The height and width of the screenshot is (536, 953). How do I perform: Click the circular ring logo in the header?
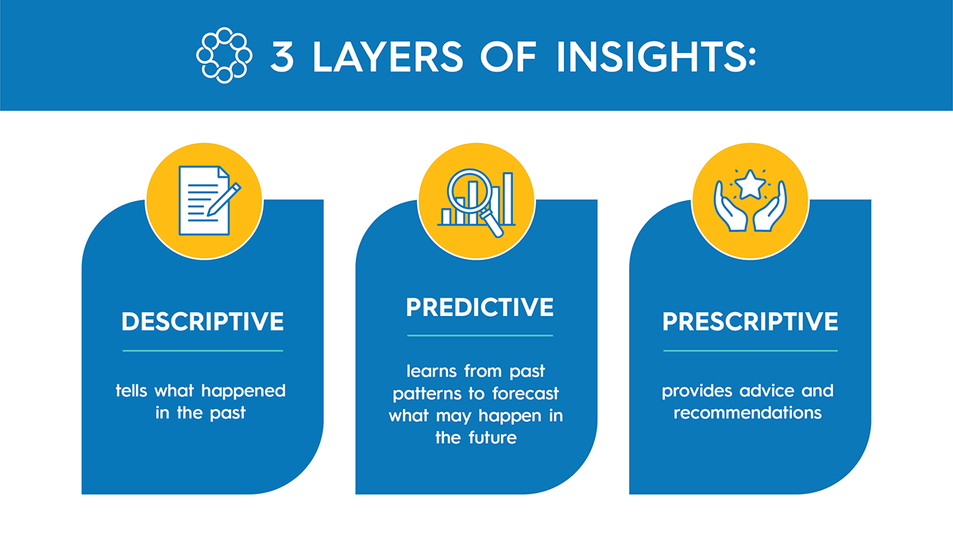(224, 56)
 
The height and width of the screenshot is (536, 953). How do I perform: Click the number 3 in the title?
(282, 56)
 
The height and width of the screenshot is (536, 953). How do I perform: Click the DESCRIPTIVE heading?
(203, 322)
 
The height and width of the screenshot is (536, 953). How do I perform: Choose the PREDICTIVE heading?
(480, 307)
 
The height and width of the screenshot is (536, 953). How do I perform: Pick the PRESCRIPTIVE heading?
(750, 322)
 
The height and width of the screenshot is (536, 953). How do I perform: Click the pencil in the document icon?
(223, 199)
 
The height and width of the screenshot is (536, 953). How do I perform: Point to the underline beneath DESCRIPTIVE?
(203, 350)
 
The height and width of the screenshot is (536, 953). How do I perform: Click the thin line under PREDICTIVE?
(480, 335)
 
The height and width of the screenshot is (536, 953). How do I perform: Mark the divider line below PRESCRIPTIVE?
(750, 350)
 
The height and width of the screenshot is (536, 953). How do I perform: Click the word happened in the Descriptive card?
(243, 391)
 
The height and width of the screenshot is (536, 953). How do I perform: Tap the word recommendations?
(747, 413)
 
